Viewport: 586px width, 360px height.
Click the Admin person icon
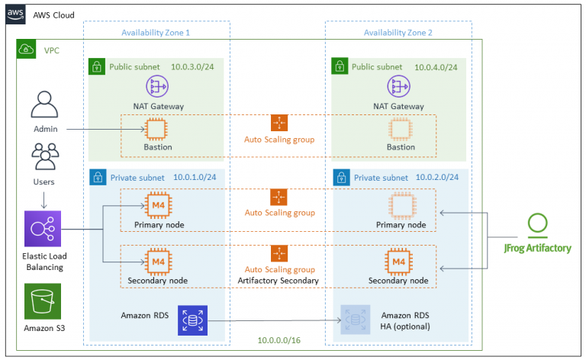point(45,104)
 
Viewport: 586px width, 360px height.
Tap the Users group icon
point(45,156)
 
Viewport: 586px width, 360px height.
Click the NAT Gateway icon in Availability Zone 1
point(158,86)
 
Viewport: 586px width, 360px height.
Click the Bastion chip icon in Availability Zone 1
point(158,128)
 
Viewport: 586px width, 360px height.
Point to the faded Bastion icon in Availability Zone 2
point(401,128)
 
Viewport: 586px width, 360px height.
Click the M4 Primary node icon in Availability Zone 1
point(158,206)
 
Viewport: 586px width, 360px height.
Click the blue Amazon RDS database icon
point(192,320)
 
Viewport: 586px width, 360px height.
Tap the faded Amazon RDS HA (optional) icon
point(353,320)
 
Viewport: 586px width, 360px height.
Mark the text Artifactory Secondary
point(279,281)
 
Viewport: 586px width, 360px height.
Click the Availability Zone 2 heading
point(398,32)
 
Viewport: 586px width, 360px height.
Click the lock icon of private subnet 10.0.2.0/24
point(340,178)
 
